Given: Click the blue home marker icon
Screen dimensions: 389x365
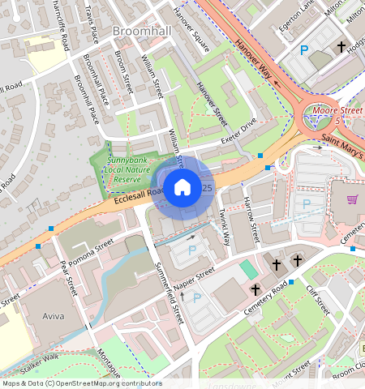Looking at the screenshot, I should pyautogui.click(x=182, y=187).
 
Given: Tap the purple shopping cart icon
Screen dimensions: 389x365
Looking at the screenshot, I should pyautogui.click(x=351, y=199).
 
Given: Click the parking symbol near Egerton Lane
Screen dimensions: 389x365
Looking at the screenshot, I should pyautogui.click(x=304, y=50).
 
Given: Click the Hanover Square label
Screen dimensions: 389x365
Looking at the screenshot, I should pyautogui.click(x=191, y=30).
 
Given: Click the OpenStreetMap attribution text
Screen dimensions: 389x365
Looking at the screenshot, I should pyautogui.click(x=81, y=383).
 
